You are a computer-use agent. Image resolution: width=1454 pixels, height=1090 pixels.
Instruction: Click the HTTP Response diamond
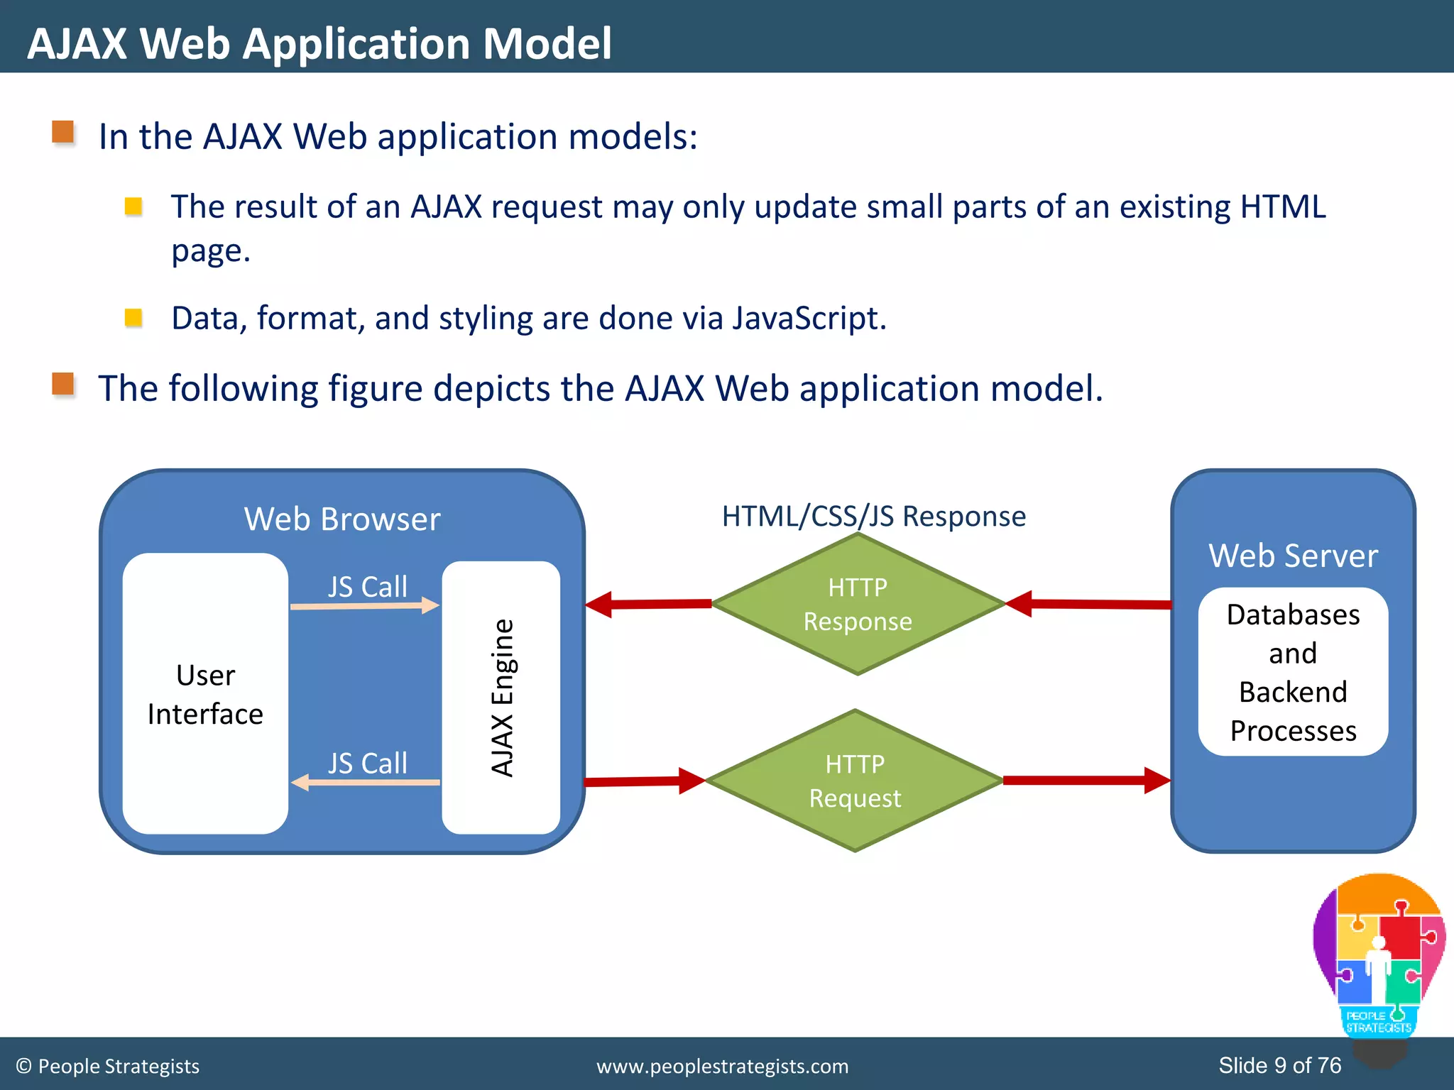(x=858, y=604)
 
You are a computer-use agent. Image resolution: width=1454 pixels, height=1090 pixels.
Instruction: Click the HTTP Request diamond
(x=855, y=781)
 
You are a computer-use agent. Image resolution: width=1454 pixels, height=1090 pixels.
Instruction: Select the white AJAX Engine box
(x=501, y=697)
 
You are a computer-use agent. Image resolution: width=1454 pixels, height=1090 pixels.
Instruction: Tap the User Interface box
(x=205, y=693)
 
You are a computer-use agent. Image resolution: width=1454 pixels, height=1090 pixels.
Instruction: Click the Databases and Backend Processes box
(x=1293, y=671)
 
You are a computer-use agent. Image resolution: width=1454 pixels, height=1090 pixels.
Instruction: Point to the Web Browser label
(x=342, y=519)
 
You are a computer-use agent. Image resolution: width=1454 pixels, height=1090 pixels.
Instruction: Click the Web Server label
(x=1293, y=555)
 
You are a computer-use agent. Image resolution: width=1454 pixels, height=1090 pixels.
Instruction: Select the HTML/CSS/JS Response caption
(x=873, y=516)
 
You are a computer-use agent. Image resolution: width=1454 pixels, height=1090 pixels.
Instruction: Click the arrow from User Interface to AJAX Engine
(x=365, y=606)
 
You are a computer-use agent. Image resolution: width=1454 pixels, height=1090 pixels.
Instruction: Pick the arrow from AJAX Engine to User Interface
(x=365, y=782)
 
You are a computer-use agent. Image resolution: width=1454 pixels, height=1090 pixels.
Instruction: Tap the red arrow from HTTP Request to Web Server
(x=1086, y=781)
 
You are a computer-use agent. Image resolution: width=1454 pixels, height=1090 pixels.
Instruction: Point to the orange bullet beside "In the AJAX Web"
(x=63, y=132)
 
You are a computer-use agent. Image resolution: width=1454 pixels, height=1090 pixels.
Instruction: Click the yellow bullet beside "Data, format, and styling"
(x=133, y=317)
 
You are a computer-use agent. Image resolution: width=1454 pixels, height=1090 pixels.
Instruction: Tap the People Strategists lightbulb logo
(x=1378, y=958)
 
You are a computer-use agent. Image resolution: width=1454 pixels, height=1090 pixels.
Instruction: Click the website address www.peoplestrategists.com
(x=722, y=1066)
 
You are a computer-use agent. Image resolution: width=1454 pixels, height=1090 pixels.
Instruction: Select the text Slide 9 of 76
(x=1279, y=1065)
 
